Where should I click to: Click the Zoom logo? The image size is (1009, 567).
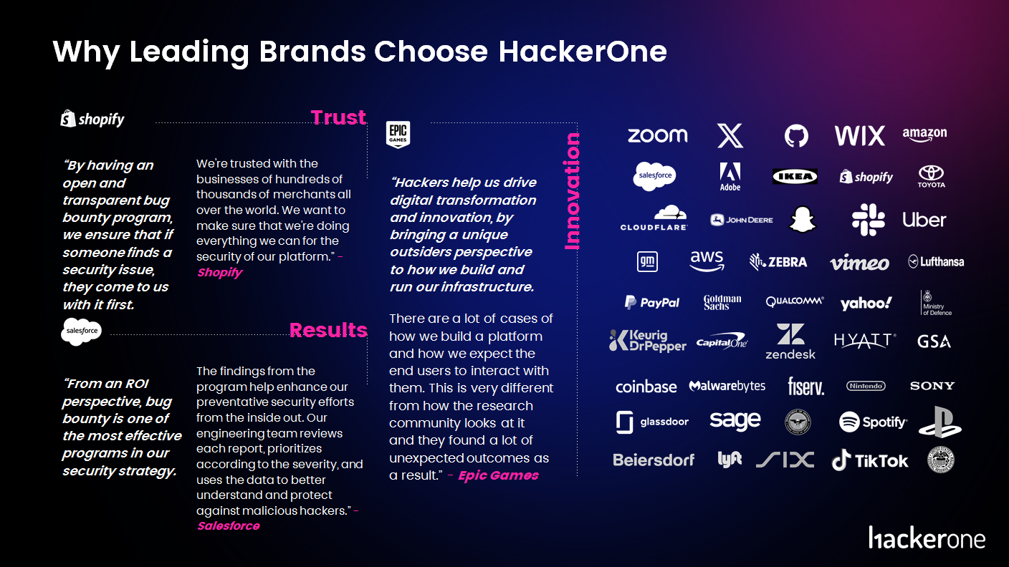(x=658, y=135)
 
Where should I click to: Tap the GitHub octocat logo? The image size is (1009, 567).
(x=796, y=136)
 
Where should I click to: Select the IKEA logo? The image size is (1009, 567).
(x=795, y=176)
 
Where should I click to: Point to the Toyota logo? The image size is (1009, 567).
(x=931, y=176)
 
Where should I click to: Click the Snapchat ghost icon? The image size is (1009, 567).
(x=802, y=220)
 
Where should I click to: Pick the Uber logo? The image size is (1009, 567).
(x=924, y=220)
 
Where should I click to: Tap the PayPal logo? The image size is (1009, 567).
(x=652, y=302)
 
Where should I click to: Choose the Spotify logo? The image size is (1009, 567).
(x=873, y=422)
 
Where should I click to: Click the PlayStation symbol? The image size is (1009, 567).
(x=940, y=422)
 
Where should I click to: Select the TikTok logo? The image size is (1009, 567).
(x=870, y=460)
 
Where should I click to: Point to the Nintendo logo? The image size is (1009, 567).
(x=865, y=386)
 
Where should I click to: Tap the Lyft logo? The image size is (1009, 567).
(x=730, y=460)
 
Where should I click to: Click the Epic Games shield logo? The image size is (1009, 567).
(x=398, y=134)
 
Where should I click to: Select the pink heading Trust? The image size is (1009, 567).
(x=338, y=117)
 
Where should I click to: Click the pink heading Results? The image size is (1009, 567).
(x=328, y=330)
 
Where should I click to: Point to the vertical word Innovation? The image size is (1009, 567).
(x=572, y=191)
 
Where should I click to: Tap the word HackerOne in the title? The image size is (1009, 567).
(x=583, y=52)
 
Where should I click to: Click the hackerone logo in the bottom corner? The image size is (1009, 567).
(x=927, y=538)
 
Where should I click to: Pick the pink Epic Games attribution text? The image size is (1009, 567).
(x=498, y=475)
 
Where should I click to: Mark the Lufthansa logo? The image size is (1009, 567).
(x=936, y=261)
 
